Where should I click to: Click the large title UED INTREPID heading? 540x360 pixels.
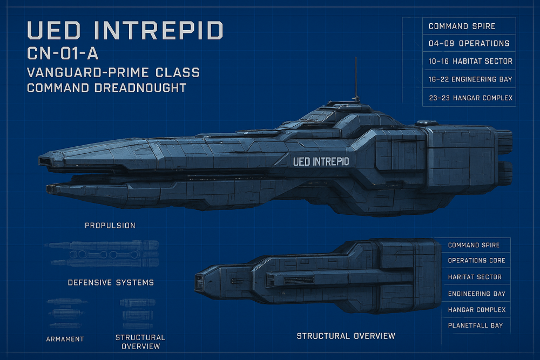(125, 31)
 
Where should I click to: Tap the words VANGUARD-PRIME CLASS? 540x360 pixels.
(113, 72)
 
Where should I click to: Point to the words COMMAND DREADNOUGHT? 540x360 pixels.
(107, 87)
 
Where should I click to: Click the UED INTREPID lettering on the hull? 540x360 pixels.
(321, 161)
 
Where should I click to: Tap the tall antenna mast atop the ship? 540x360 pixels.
(355, 78)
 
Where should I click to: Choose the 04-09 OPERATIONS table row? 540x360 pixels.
(469, 43)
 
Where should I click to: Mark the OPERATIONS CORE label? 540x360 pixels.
(477, 261)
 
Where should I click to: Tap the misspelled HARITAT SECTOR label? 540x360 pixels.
(475, 277)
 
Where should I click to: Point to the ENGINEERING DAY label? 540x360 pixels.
(477, 294)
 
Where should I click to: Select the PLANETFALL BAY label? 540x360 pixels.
(476, 325)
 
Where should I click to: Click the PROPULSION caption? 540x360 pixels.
(110, 225)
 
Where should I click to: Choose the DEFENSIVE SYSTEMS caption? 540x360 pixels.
(111, 282)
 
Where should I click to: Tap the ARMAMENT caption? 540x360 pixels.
(65, 339)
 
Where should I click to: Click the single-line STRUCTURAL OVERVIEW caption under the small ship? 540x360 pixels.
(346, 336)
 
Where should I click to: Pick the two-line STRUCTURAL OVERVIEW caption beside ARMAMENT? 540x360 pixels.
(140, 342)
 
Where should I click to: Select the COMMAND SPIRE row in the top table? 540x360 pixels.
(462, 26)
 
